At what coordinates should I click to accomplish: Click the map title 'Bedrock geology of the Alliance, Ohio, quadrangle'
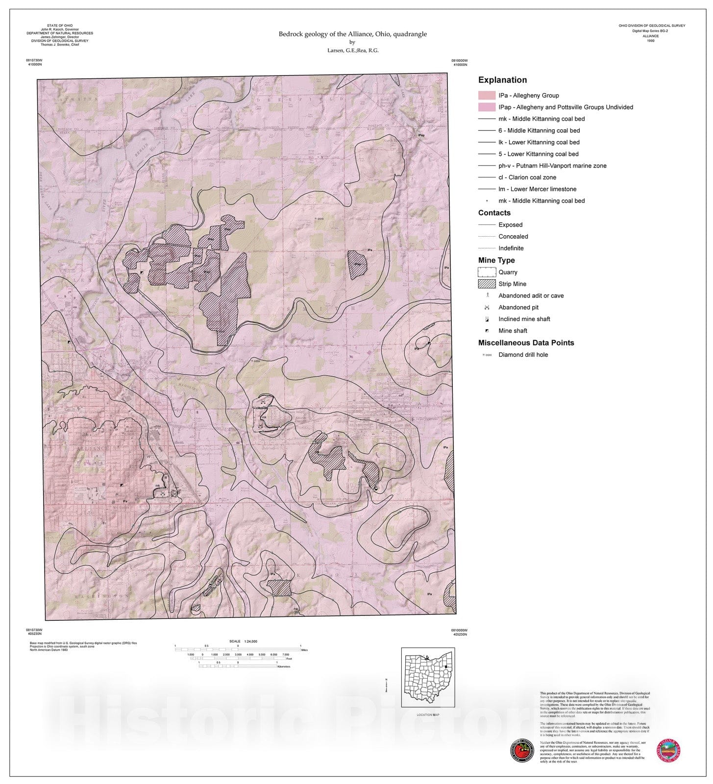pyautogui.click(x=352, y=34)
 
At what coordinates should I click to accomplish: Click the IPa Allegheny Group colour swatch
pyautogui.click(x=486, y=96)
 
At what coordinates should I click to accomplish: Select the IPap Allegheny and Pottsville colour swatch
pyautogui.click(x=486, y=107)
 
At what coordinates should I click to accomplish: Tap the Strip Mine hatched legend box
pyautogui.click(x=486, y=284)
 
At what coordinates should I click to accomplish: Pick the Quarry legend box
pyautogui.click(x=486, y=272)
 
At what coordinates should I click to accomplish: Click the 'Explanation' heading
pyautogui.click(x=502, y=80)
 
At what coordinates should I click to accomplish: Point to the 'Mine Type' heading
pyautogui.click(x=496, y=260)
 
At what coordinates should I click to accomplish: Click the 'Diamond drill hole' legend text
pyautogui.click(x=523, y=355)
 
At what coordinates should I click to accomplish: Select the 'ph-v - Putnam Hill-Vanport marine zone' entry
pyautogui.click(x=552, y=166)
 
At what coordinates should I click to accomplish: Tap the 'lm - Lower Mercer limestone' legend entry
pyautogui.click(x=537, y=189)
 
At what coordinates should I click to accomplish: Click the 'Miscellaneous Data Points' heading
pyautogui.click(x=526, y=343)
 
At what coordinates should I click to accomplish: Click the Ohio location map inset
pyautogui.click(x=428, y=677)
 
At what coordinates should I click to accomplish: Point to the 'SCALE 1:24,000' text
pyautogui.click(x=243, y=641)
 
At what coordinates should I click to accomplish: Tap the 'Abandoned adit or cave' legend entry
pyautogui.click(x=531, y=295)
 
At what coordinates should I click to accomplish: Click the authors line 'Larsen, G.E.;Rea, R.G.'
pyautogui.click(x=352, y=50)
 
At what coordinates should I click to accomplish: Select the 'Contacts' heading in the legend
pyautogui.click(x=494, y=213)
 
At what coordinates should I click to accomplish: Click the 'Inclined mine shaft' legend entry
pyautogui.click(x=524, y=319)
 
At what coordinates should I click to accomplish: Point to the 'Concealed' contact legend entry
pyautogui.click(x=513, y=237)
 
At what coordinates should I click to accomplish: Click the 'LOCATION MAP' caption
pyautogui.click(x=428, y=715)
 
